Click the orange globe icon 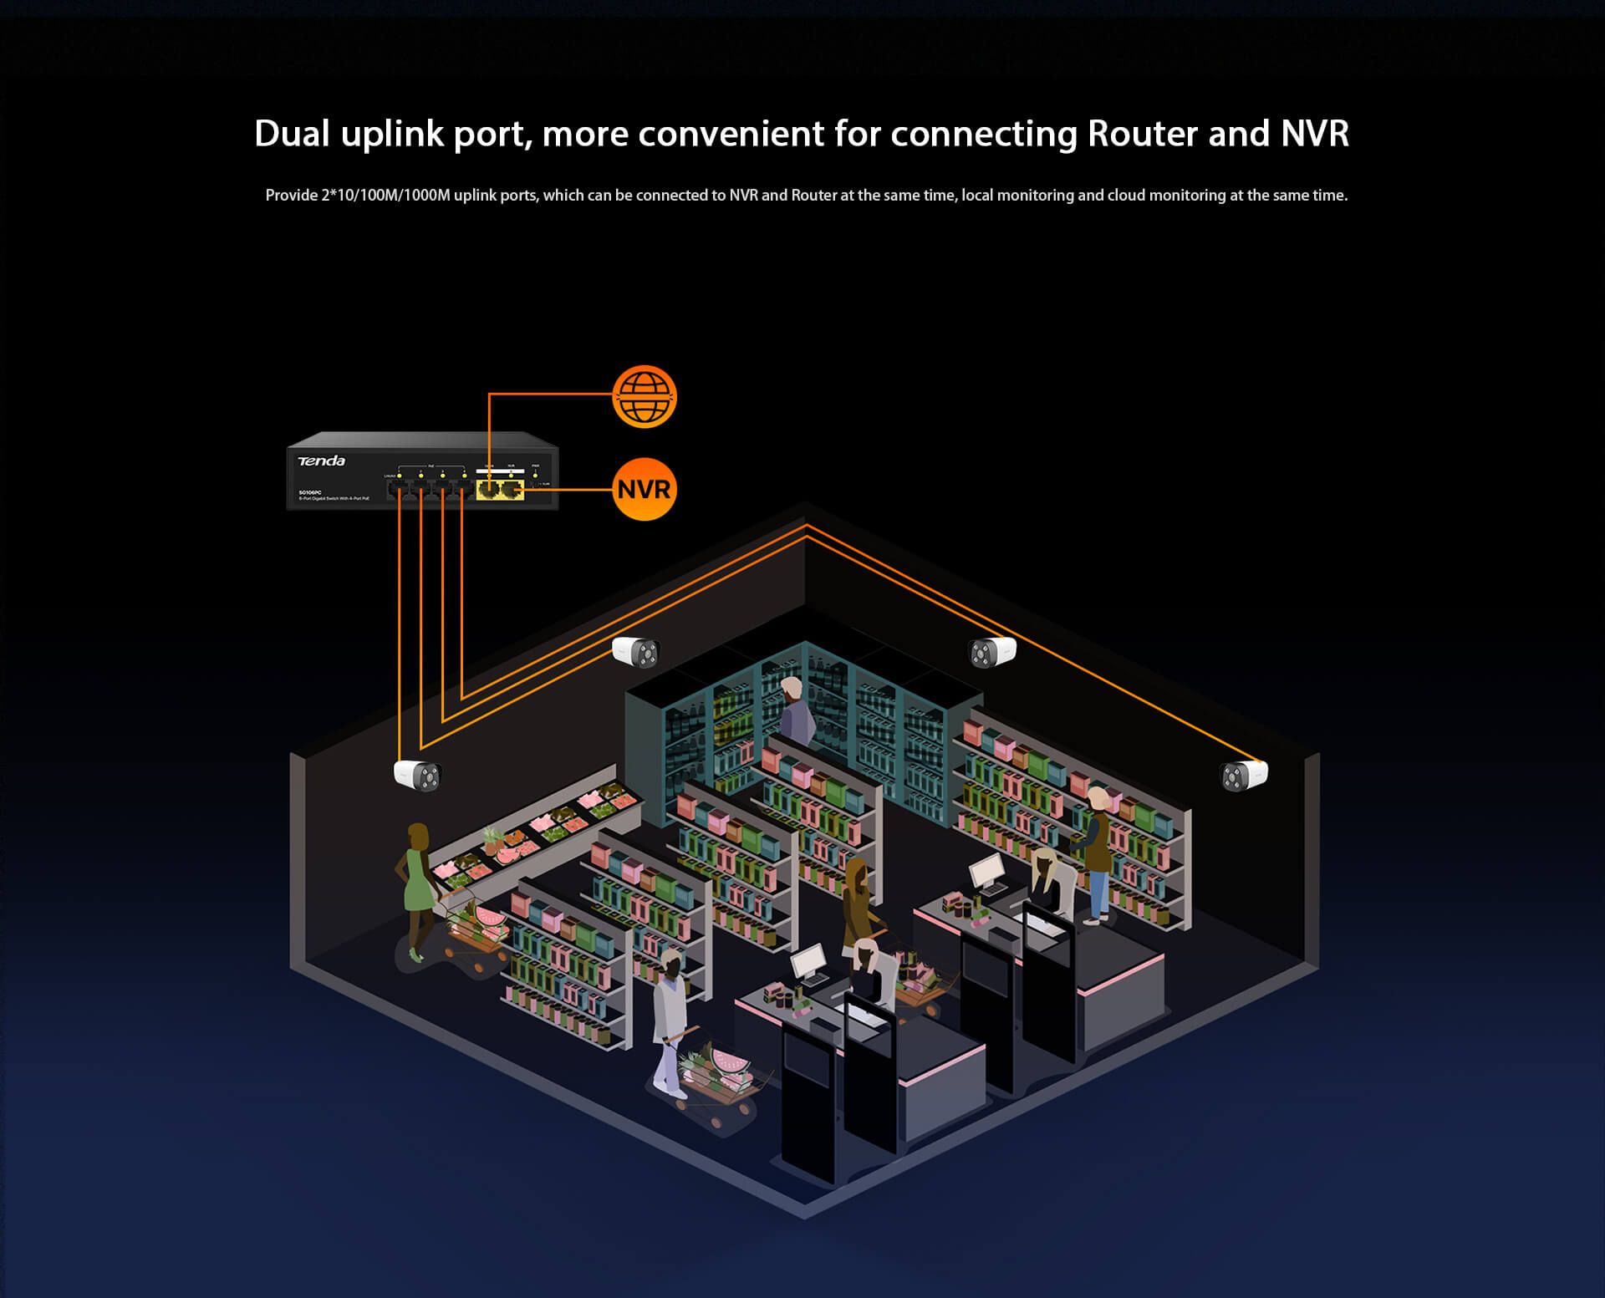(644, 397)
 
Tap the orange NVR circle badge (644, 489)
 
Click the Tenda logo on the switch (321, 461)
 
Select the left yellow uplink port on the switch (487, 489)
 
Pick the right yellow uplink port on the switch (511, 489)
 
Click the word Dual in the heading (292, 134)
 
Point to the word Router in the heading (1142, 134)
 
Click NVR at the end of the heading (1315, 134)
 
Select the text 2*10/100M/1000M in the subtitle (385, 196)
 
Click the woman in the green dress (417, 886)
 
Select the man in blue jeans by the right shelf (1097, 853)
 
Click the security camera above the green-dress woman (417, 775)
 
